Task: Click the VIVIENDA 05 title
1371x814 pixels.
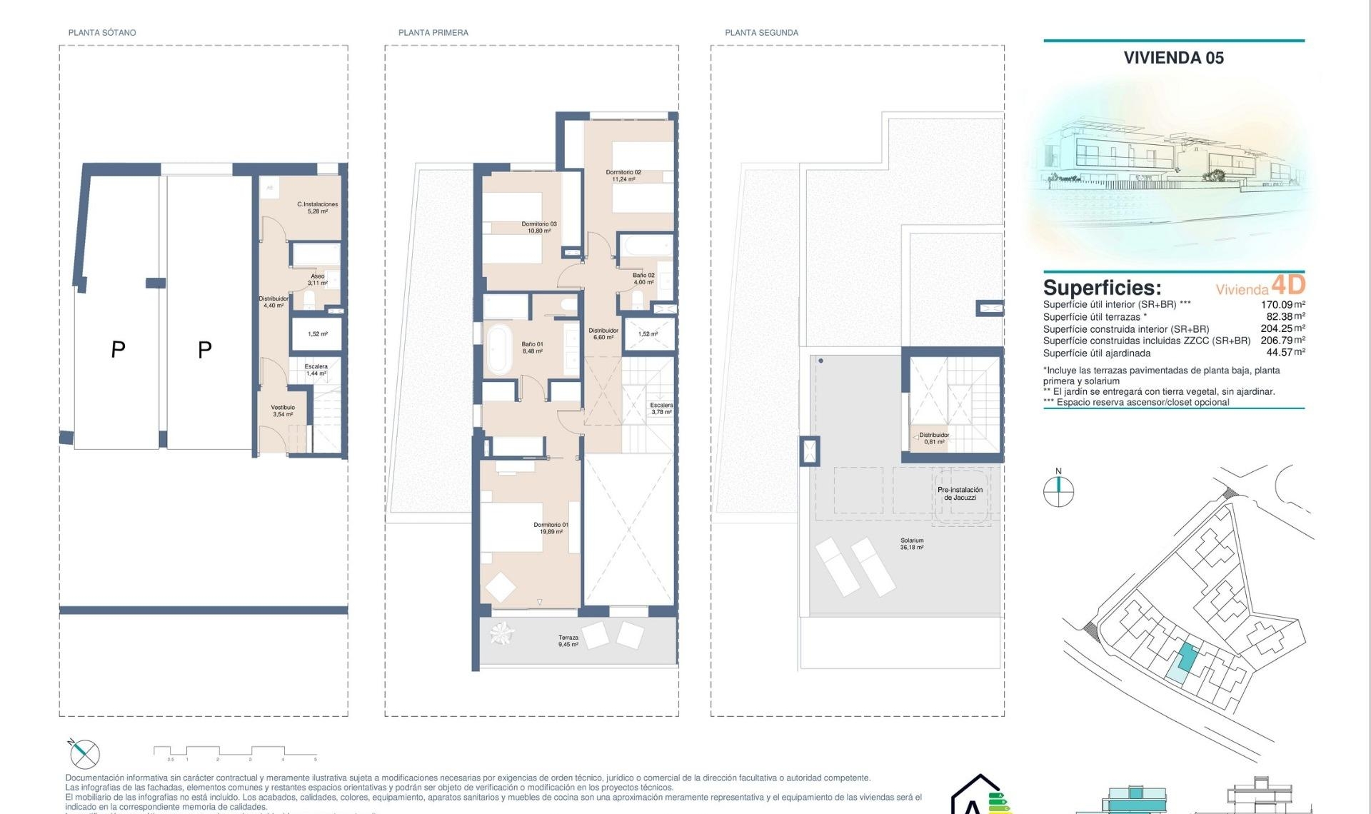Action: pos(1173,58)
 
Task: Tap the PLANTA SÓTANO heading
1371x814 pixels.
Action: pos(102,33)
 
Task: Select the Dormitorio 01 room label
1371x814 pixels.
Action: pos(551,528)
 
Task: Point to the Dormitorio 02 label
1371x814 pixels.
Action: pos(623,176)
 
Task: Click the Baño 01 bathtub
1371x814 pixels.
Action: pos(499,349)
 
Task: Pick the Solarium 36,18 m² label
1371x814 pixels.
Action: pos(912,543)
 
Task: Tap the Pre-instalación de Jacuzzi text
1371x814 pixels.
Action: pos(960,493)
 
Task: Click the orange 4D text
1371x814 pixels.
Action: pos(1288,285)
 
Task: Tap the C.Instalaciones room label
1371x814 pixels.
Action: pos(318,208)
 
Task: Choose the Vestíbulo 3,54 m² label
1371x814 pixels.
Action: pos(283,411)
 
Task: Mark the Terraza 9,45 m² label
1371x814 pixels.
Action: pos(568,640)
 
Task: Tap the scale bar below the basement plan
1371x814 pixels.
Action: pos(236,751)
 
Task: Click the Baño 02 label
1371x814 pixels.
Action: pos(643,278)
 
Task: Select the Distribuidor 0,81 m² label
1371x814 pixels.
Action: pos(934,438)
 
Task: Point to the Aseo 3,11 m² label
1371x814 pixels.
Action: pos(318,279)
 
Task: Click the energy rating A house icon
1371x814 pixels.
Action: pos(980,796)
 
